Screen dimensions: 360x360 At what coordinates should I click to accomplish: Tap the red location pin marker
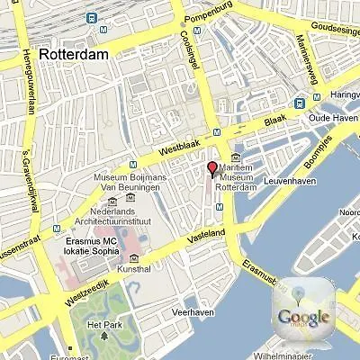tap(213, 169)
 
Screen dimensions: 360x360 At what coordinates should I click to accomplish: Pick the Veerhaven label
tap(193, 311)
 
